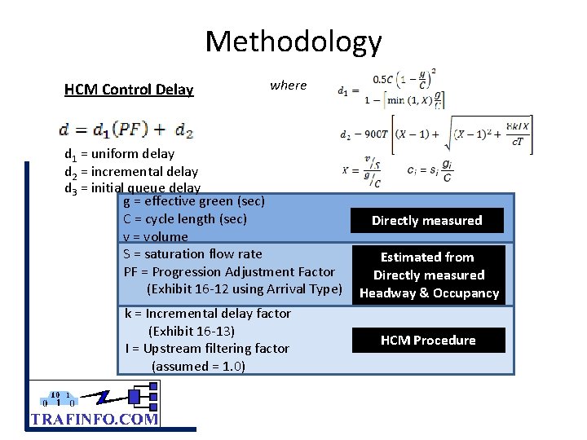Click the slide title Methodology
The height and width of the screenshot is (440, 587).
293,41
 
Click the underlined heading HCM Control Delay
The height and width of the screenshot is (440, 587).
129,90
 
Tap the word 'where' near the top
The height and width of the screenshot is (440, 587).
288,85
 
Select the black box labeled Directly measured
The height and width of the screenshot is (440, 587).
427,221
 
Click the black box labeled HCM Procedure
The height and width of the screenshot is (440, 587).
428,341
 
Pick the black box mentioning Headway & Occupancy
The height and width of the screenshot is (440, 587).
429,275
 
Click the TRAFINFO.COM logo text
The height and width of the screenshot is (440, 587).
94,419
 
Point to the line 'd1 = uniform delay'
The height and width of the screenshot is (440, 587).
119,153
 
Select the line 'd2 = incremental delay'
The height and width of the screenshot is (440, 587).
131,171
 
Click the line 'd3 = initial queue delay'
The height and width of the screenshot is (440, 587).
132,188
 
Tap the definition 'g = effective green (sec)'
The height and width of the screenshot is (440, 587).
194,201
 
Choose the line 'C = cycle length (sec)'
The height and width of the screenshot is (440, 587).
185,219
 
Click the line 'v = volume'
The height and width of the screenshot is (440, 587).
156,237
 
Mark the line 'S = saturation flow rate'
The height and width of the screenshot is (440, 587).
193,254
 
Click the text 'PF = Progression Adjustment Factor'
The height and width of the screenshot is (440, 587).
229,272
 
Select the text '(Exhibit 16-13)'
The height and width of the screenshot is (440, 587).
192,331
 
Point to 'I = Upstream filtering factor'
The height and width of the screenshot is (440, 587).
207,349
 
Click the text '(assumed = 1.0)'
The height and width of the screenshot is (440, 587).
198,367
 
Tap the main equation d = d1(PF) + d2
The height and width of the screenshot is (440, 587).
126,129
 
